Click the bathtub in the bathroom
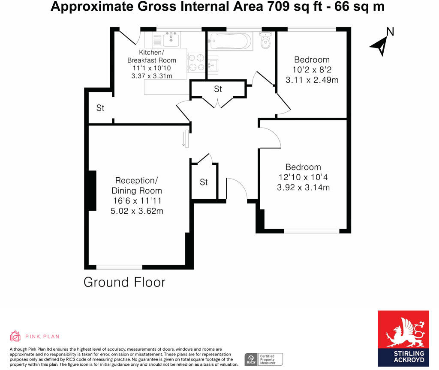point(229,42)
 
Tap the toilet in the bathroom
point(266,41)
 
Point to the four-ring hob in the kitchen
point(196,62)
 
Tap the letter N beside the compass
point(390,31)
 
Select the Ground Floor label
point(124,282)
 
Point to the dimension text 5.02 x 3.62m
point(137,211)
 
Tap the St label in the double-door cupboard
point(218,89)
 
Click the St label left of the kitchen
point(100,108)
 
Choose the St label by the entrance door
point(204,182)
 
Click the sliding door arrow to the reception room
point(184,139)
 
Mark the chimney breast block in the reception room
point(92,190)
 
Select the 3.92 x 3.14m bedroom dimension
point(303,187)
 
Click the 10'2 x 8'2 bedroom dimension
point(312,69)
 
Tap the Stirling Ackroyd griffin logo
point(403,332)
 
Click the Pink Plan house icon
point(15,336)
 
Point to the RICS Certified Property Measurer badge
point(264,359)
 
